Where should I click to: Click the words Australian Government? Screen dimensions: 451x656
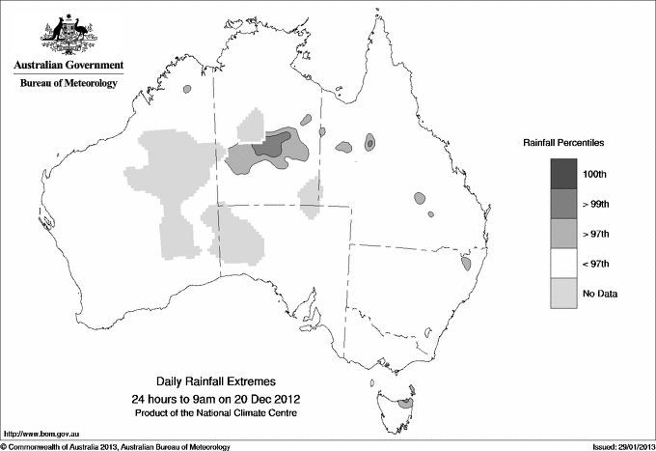pyautogui.click(x=68, y=66)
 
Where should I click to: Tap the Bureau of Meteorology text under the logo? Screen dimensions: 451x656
pyautogui.click(x=68, y=84)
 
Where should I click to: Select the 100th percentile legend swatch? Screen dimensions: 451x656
pyautogui.click(x=565, y=173)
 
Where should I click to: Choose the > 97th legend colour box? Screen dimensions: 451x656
pyautogui.click(x=565, y=233)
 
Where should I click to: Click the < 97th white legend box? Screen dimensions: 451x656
pyautogui.click(x=565, y=263)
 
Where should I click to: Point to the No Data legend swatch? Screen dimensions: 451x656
pyautogui.click(x=565, y=293)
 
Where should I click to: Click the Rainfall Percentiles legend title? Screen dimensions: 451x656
pyautogui.click(x=563, y=143)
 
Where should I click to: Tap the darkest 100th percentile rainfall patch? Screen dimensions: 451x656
pyautogui.click(x=270, y=145)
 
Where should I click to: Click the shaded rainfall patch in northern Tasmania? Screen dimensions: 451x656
pyautogui.click(x=407, y=403)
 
